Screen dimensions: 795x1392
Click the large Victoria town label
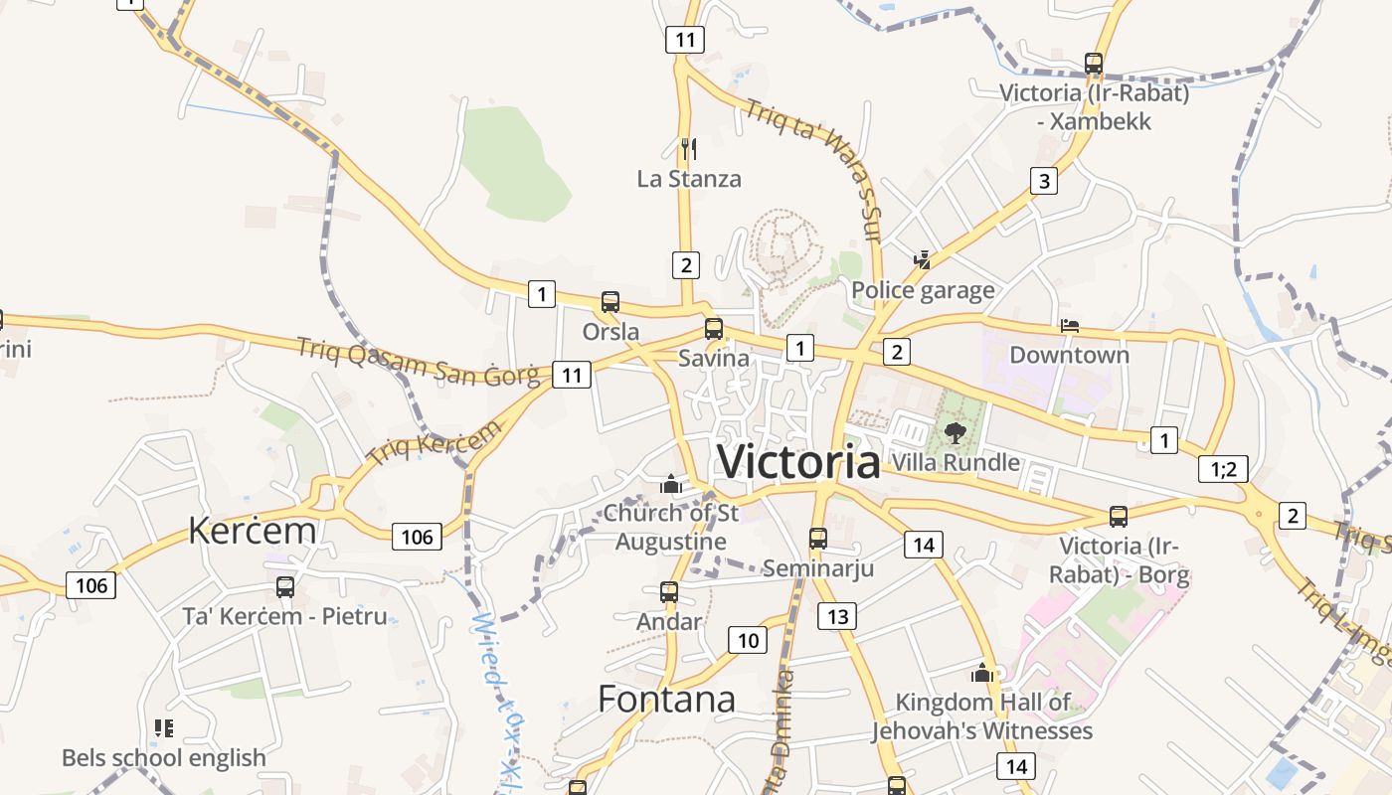pyautogui.click(x=798, y=462)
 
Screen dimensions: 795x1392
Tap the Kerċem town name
pyautogui.click(x=253, y=531)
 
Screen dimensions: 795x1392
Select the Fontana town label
pyautogui.click(x=667, y=700)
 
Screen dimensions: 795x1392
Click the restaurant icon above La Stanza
pyautogui.click(x=688, y=149)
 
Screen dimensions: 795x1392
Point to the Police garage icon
pyautogui.click(x=923, y=260)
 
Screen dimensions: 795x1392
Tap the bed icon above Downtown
pyautogui.click(x=1070, y=325)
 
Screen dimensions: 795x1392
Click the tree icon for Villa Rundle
pyautogui.click(x=956, y=432)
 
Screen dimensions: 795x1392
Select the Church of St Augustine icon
pyautogui.click(x=671, y=484)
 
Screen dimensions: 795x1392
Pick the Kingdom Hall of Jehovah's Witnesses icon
pyautogui.click(x=982, y=673)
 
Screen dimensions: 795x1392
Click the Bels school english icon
pyautogui.click(x=164, y=728)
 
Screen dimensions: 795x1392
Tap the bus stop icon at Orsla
pyautogui.click(x=610, y=302)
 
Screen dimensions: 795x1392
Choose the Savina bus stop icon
pyautogui.click(x=713, y=329)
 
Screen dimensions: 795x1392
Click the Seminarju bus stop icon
pyautogui.click(x=817, y=539)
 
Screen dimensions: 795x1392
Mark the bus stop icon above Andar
pyautogui.click(x=669, y=592)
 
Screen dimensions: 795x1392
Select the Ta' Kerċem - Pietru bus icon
pyautogui.click(x=285, y=587)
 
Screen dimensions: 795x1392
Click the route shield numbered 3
pyautogui.click(x=1043, y=181)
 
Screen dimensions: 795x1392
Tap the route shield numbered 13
pyautogui.click(x=837, y=617)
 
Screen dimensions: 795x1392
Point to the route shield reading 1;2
pyautogui.click(x=1223, y=469)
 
